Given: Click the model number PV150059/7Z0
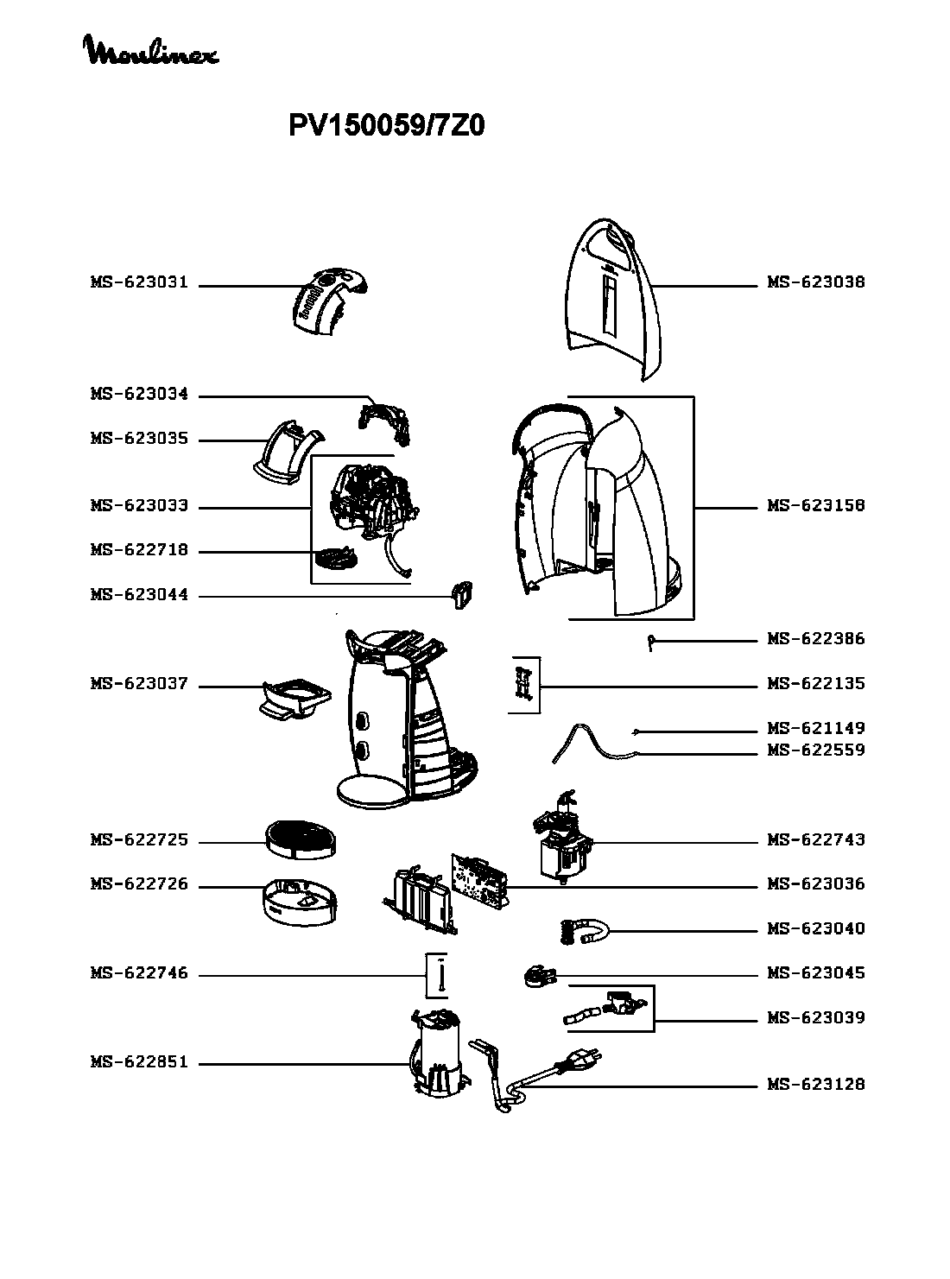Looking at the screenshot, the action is coord(386,126).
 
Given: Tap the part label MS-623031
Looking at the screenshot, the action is coord(140,282).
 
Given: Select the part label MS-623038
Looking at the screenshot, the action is coord(816,282).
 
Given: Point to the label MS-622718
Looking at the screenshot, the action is coord(140,549).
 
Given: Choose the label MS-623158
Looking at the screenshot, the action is coord(816,505).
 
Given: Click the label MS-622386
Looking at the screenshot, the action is coord(816,639).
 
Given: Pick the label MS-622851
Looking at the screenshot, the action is coord(140,1062).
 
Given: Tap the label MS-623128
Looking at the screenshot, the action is coord(816,1084).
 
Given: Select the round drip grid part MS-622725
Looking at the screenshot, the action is coord(301,839).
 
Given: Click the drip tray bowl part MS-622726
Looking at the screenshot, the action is coord(300,902).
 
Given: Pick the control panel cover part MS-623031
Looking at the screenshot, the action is coord(329,301).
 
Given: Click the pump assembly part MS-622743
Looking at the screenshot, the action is coord(561,837).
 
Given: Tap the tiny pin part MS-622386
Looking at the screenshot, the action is coord(650,643).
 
